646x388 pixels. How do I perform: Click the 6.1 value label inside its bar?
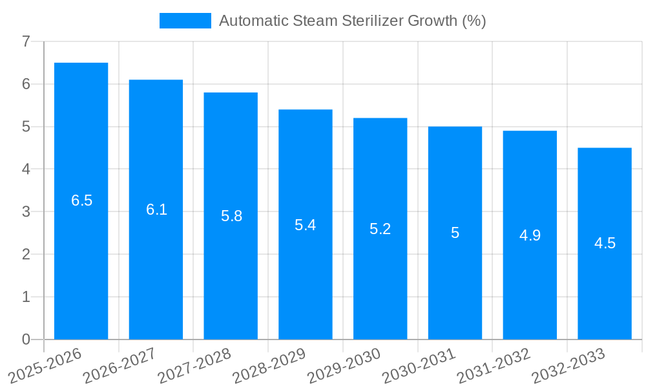click(156, 210)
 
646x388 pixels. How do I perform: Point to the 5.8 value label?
click(231, 216)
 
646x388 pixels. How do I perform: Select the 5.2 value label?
click(380, 229)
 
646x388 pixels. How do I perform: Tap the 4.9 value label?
click(530, 235)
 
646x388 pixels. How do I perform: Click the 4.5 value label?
click(605, 244)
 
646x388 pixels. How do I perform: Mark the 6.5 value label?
click(81, 200)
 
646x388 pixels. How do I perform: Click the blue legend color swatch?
click(185, 21)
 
